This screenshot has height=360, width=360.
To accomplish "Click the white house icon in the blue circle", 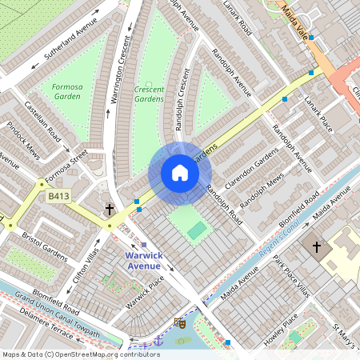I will click(179, 173).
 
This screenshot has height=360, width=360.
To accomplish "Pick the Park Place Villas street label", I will click(291, 275).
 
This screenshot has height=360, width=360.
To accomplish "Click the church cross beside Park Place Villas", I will click(316, 247).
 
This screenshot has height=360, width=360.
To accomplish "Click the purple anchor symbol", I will click(158, 342).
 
